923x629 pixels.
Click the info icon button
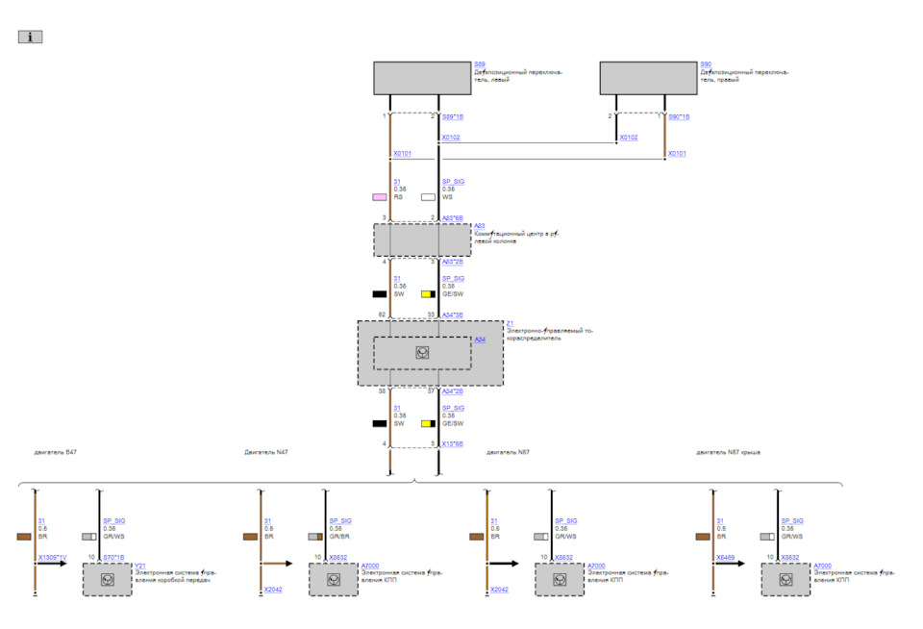point(30,38)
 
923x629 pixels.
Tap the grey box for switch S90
point(648,79)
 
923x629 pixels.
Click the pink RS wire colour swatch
point(380,197)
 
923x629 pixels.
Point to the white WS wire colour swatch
point(428,197)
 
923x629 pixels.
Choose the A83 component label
point(479,226)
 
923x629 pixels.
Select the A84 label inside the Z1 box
point(480,340)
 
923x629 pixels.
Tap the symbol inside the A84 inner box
point(422,353)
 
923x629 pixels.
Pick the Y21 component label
point(140,566)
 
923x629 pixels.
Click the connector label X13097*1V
point(52,557)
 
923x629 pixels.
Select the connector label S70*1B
point(113,557)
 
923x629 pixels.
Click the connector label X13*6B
point(452,443)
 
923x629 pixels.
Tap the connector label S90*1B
point(679,116)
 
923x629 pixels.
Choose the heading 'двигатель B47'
point(56,451)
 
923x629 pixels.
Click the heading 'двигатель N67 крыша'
point(729,451)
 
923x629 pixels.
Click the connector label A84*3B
point(452,314)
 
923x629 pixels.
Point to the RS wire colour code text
point(399,197)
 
